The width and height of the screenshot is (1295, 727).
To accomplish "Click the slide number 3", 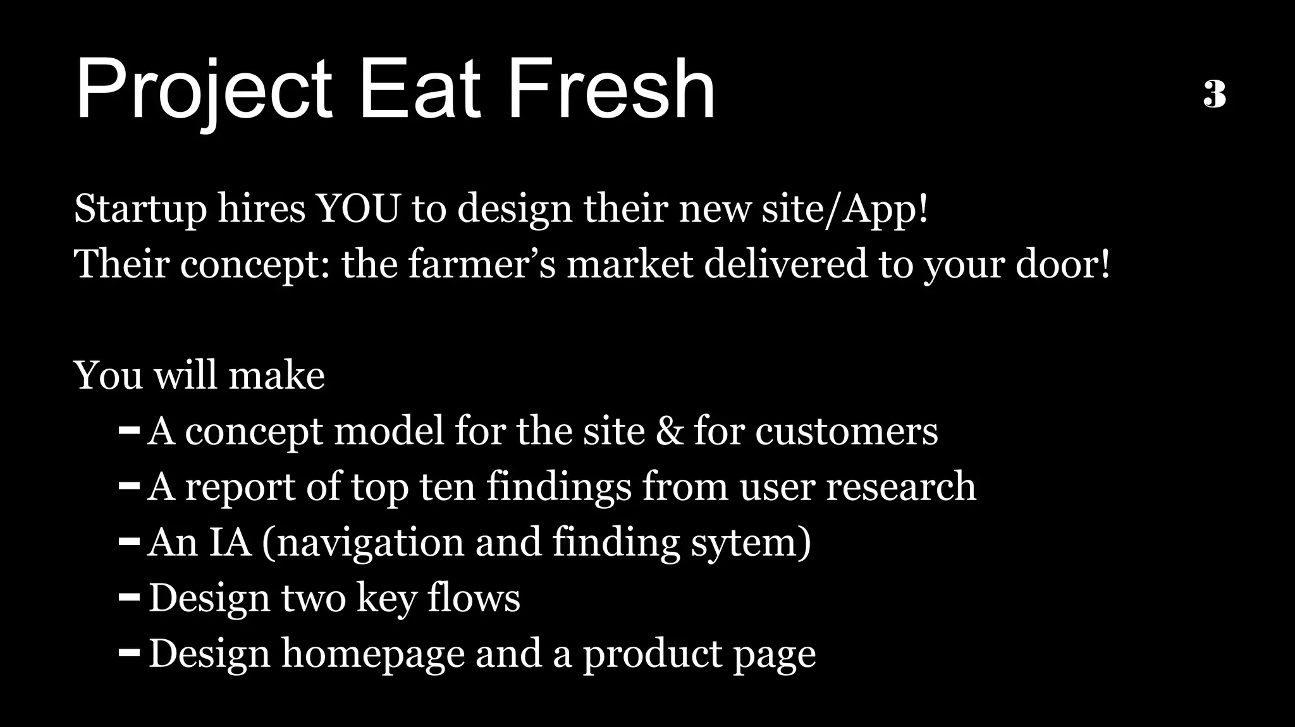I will point(1215,95).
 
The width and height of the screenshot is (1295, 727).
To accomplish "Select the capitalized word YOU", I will point(358,208).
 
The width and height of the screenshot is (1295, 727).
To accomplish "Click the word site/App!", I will point(845,209).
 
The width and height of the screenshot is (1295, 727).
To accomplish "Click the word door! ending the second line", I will point(1063,264).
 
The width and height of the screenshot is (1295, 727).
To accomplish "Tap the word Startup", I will point(140,209).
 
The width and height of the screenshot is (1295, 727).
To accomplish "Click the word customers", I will point(846,432).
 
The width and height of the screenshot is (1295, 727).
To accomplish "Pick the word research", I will point(900,487).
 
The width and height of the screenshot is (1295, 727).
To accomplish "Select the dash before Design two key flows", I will point(129,597).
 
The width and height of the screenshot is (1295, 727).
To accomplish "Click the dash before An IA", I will point(129,542).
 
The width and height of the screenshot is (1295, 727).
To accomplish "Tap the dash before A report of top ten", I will point(129,486).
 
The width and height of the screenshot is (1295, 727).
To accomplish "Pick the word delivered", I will point(785,264).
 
